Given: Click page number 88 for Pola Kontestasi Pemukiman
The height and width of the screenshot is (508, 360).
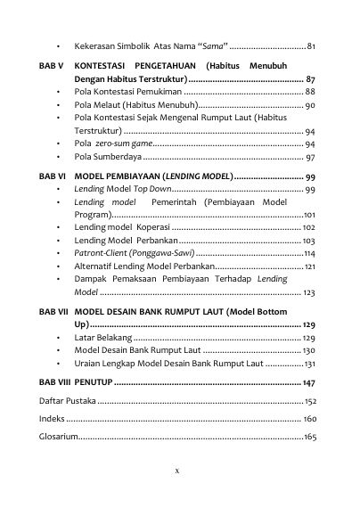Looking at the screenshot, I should pyautogui.click(x=310, y=92).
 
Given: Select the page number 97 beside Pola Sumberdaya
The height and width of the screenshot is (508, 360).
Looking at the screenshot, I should pyautogui.click(x=310, y=156).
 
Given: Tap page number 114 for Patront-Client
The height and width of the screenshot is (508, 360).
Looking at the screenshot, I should pyautogui.click(x=309, y=253).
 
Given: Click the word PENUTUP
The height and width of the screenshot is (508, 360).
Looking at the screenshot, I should pyautogui.click(x=94, y=381).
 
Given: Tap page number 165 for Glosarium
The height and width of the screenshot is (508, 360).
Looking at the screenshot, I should pyautogui.click(x=309, y=437).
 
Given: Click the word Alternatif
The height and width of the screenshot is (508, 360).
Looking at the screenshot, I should pyautogui.click(x=94, y=266).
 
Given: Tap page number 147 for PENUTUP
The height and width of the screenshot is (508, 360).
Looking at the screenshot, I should pyautogui.click(x=309, y=381).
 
